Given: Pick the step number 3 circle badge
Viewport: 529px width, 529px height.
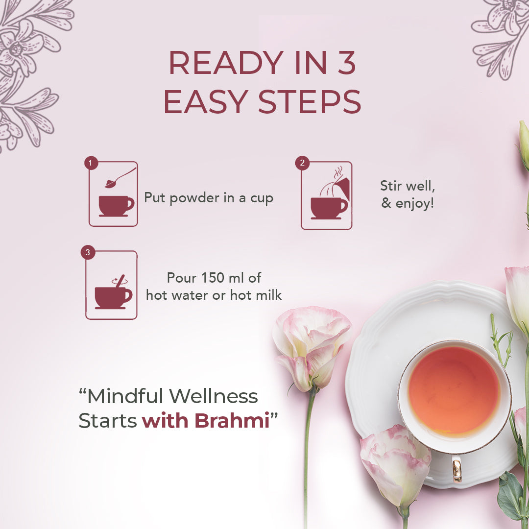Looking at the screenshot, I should point(88,252).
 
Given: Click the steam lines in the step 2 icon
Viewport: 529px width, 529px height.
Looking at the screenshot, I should point(338,174).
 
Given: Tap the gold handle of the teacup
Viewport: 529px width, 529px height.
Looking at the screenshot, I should point(457,469).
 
